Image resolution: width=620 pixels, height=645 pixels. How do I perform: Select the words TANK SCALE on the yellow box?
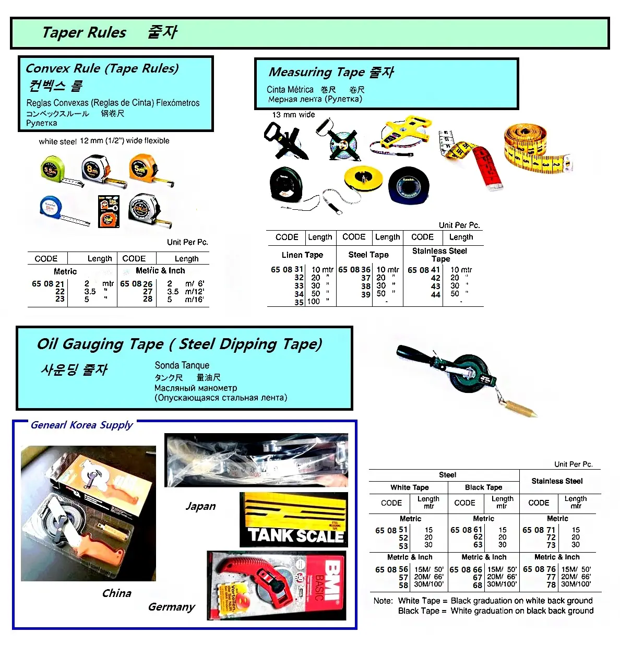[x=295, y=535]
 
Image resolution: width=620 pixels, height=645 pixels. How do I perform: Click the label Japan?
[x=200, y=506]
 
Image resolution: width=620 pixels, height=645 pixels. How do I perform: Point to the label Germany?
[x=171, y=607]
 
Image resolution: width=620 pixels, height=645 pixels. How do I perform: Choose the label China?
[x=116, y=593]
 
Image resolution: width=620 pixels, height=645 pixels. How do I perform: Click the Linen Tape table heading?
[x=302, y=255]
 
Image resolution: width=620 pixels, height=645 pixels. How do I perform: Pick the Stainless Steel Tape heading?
[x=439, y=255]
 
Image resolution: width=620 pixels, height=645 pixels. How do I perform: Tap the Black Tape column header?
[x=483, y=487]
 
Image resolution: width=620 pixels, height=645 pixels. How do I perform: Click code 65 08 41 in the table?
[x=423, y=270]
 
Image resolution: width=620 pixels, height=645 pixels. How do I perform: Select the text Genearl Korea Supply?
[x=81, y=425]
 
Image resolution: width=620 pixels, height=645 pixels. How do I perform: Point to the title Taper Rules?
[x=84, y=32]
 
